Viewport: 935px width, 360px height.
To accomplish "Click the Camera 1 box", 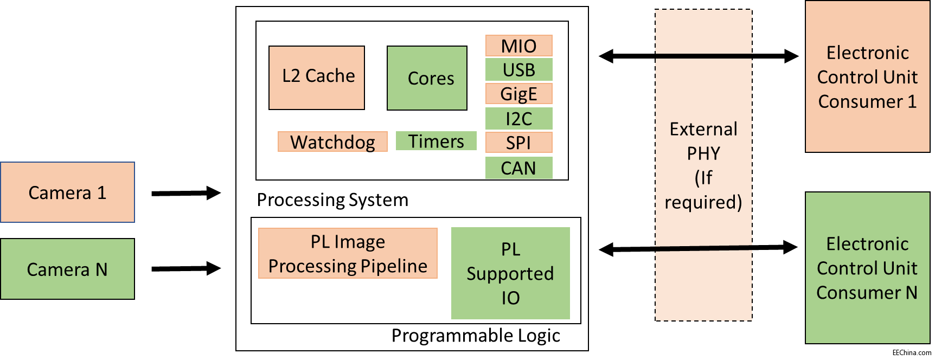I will [x=67, y=192].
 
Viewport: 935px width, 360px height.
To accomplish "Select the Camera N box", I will [x=67, y=269].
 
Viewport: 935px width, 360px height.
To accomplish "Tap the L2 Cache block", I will [x=317, y=78].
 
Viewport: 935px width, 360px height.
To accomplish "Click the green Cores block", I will [x=427, y=78].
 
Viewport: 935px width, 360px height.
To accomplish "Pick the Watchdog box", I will [x=332, y=142].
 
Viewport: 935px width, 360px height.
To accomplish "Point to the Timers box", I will [x=436, y=141].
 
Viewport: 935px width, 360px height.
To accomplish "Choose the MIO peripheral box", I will [x=518, y=46].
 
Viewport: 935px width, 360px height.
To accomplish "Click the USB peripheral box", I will [x=518, y=70].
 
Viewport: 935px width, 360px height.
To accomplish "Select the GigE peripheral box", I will [x=518, y=94].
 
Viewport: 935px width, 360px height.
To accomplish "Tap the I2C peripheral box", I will [x=518, y=118].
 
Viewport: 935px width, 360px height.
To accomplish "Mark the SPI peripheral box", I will [x=518, y=143].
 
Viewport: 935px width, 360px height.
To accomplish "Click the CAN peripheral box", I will [x=518, y=168].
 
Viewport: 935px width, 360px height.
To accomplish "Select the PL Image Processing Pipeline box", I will [x=348, y=253].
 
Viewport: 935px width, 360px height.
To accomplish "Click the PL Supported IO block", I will [x=510, y=273].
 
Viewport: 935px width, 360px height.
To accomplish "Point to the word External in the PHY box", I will [x=703, y=129].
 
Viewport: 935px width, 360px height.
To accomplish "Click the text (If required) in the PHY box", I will [x=703, y=190].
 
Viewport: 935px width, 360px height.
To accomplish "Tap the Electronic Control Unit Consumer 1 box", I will [x=867, y=76].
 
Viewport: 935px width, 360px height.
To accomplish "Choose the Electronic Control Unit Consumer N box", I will [x=867, y=268].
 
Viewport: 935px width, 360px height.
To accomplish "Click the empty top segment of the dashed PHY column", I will [x=703, y=31].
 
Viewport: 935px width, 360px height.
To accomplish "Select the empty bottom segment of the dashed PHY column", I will [x=703, y=285].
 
